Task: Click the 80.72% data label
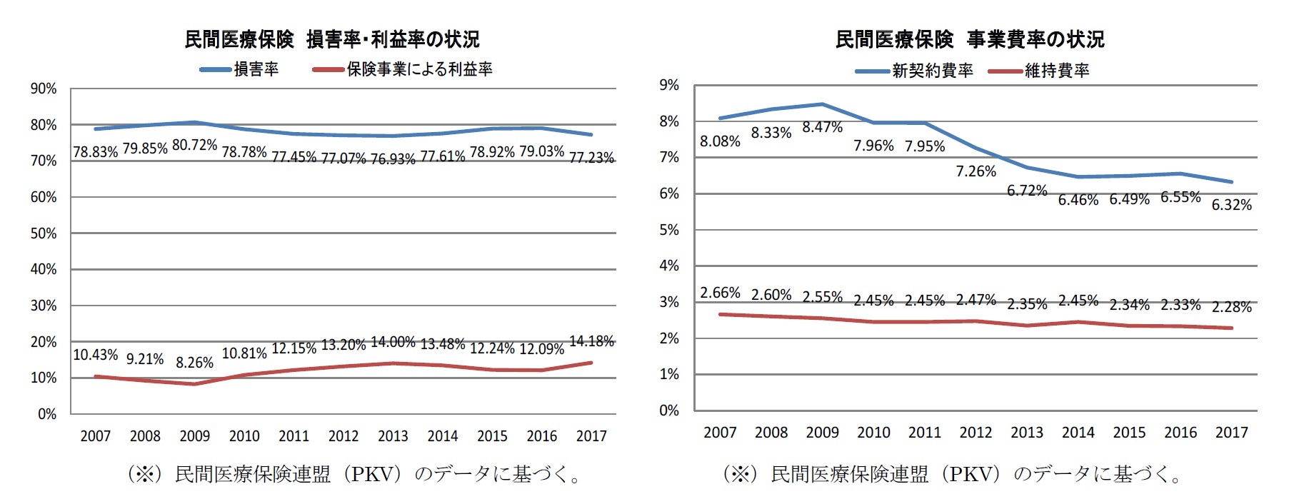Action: (x=194, y=145)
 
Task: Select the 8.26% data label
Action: (x=194, y=363)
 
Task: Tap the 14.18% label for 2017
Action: (x=591, y=341)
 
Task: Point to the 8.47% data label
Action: (x=822, y=127)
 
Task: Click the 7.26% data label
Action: (x=975, y=171)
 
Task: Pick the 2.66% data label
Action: (x=720, y=293)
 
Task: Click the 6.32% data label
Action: (x=1231, y=205)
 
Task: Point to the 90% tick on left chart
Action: (x=44, y=89)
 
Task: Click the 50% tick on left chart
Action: (x=44, y=233)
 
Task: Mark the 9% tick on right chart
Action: (x=669, y=86)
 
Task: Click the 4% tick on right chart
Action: (x=669, y=266)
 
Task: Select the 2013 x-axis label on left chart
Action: (x=393, y=436)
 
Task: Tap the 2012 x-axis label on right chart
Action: (x=975, y=433)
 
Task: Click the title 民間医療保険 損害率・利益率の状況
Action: (x=332, y=39)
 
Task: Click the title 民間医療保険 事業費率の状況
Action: (x=970, y=39)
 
